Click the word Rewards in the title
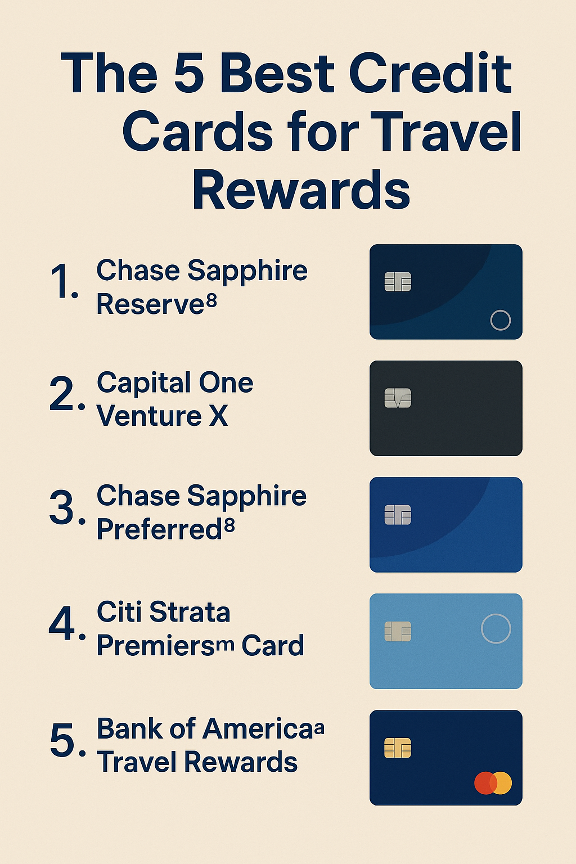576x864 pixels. coord(301,190)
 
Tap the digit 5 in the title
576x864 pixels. coord(188,73)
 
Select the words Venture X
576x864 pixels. coord(162,416)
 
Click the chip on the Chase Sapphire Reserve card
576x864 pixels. coord(398,282)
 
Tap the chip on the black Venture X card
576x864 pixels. coord(398,398)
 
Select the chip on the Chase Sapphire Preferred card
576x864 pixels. coord(398,515)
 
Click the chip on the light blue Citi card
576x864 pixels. coord(398,632)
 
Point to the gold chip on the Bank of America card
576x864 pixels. coord(398,748)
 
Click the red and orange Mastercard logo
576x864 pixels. coord(493,783)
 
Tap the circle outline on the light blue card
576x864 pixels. coord(496,614)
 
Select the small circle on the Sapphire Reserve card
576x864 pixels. coord(501,310)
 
